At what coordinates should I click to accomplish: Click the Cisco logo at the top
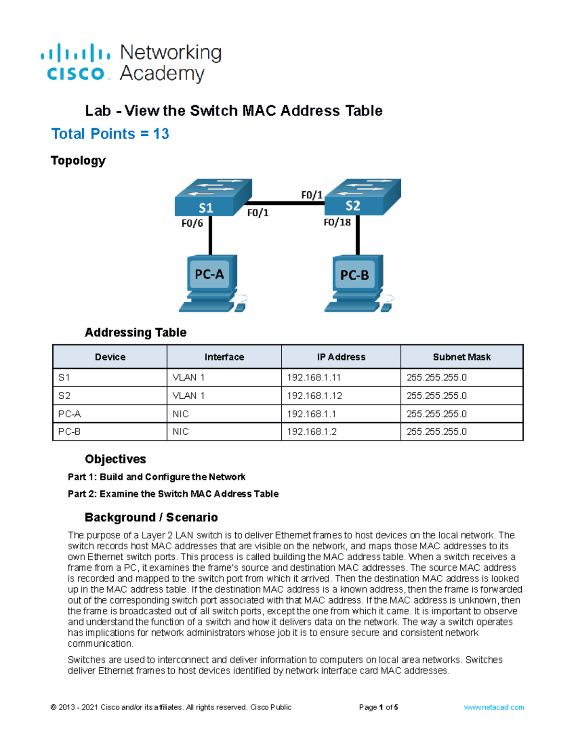[76, 63]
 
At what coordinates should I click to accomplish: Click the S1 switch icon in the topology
[213, 197]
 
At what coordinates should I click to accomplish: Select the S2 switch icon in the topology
[362, 197]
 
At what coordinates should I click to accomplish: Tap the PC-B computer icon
[356, 284]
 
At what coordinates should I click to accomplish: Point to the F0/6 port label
[192, 223]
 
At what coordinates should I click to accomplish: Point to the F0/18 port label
[337, 222]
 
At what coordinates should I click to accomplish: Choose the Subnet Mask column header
[461, 357]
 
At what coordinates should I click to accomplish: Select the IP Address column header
[341, 357]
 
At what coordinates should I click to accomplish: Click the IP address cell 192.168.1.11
[314, 378]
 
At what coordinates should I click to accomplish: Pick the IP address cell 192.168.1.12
[314, 396]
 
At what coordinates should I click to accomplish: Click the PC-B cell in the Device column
[70, 432]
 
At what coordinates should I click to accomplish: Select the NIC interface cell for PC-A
[180, 414]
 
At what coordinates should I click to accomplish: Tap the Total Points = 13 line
[110, 134]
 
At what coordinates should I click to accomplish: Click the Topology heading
[78, 160]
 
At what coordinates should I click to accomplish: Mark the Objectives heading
[115, 459]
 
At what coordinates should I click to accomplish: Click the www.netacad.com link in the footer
[493, 707]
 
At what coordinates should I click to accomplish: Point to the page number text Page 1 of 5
[378, 707]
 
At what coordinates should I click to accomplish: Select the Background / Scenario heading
[151, 517]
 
